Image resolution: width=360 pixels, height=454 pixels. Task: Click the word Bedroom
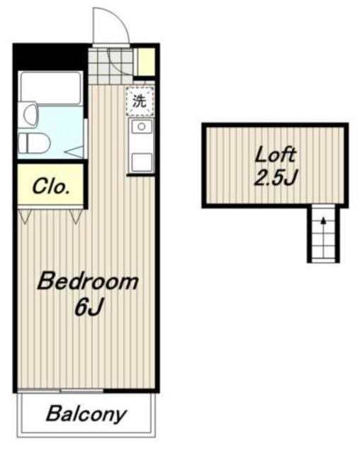pos(88,281)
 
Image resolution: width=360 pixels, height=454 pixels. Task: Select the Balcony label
pos(86,414)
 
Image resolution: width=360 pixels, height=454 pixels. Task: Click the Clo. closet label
pos(51,187)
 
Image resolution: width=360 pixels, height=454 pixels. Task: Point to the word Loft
pos(275,155)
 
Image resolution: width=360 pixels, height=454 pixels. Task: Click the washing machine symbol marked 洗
pos(140,101)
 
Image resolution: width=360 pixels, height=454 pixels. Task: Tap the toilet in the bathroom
pos(34,143)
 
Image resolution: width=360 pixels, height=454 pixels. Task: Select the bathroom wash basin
pos(29,114)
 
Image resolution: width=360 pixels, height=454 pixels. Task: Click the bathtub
pos(50,87)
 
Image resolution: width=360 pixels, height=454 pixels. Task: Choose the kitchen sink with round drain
pos(141,126)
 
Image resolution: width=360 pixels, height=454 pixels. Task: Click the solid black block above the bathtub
pos(50,57)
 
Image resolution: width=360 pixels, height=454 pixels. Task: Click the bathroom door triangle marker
pos(74,152)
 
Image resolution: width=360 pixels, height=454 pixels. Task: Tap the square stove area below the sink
pos(142,162)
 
